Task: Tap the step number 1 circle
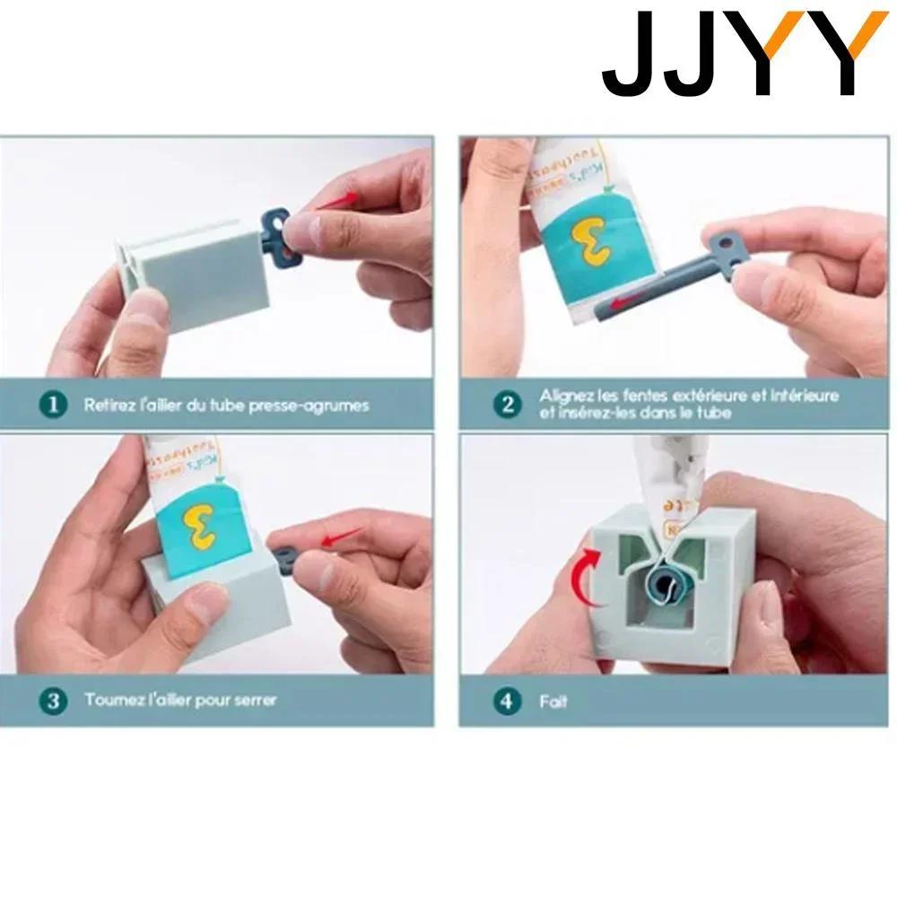[55, 405]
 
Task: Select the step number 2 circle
[509, 404]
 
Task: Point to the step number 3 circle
[55, 700]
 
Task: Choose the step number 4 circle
[509, 700]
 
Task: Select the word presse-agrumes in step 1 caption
[315, 405]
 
